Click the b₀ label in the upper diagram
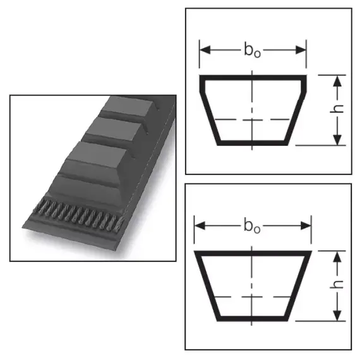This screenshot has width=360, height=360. [x=253, y=51]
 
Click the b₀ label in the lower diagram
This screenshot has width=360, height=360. [x=252, y=226]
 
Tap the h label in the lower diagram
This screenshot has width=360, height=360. [x=337, y=285]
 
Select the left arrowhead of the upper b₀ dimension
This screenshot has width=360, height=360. [x=205, y=50]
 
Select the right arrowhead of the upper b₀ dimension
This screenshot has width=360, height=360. [x=301, y=50]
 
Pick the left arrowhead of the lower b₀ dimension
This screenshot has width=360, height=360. [x=200, y=226]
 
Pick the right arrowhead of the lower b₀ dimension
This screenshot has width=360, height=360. [x=306, y=226]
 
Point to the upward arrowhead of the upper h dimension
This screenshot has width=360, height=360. [x=337, y=81]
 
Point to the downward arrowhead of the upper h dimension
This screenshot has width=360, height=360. [x=337, y=140]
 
